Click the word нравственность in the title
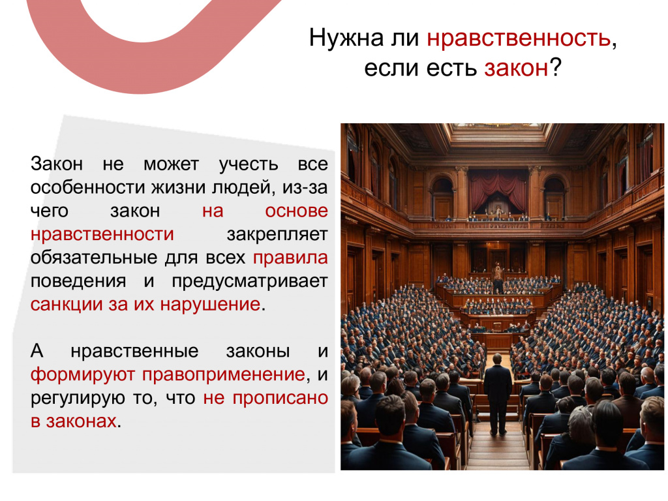519,38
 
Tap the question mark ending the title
556,68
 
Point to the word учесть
249,164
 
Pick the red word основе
297,211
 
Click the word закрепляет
277,234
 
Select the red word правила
290,258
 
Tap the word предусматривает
250,281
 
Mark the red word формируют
83,374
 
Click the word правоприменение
224,374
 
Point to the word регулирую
78,398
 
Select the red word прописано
281,398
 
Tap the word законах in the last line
81,421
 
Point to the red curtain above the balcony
498,187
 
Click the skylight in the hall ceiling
497,127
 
